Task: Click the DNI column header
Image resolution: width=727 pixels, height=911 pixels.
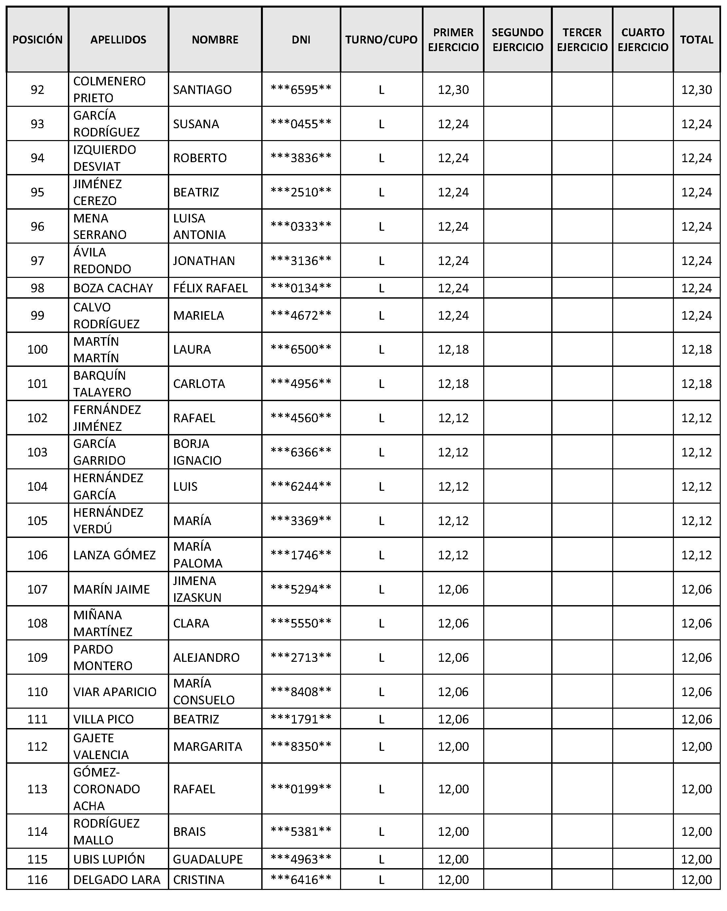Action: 301,40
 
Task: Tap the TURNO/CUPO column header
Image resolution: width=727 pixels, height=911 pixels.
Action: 381,40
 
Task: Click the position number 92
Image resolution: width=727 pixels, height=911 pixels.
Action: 37,90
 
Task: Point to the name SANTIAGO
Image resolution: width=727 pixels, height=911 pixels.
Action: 202,90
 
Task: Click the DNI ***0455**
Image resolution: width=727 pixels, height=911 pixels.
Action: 301,124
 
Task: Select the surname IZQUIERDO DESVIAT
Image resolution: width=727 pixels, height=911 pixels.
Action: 105,158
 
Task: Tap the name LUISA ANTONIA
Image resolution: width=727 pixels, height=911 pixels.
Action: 199,226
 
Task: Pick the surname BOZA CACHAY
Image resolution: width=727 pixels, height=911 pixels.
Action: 113,288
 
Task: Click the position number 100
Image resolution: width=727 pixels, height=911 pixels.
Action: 37,349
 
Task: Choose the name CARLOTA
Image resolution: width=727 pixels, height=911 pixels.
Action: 199,384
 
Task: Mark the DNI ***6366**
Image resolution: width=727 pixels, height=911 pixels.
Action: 301,452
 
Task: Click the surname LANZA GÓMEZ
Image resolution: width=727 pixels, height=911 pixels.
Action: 114,555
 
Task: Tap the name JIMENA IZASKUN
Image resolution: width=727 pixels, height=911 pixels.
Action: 197,589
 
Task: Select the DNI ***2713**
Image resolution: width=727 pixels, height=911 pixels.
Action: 301,658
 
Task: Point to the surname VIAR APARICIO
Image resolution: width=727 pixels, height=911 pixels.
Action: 114,692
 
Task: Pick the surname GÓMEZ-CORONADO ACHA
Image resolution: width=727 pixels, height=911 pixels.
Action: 106,789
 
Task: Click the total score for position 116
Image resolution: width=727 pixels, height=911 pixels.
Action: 696,879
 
